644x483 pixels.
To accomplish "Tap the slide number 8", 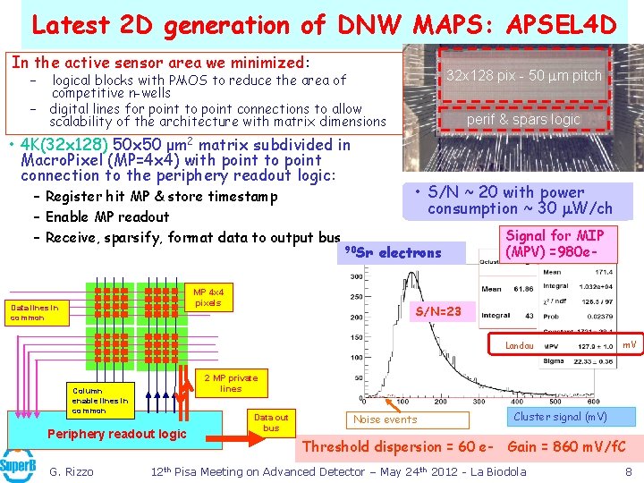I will pos(629,471).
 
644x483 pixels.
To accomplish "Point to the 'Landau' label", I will pos(519,344).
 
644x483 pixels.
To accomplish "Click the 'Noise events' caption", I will pos(386,419).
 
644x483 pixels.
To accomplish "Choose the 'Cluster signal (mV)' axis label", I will pos(560,416).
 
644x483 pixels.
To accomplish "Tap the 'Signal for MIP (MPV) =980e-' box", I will pos(555,243).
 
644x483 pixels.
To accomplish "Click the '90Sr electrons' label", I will pos(394,253).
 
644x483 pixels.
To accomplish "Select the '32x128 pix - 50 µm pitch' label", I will pos(525,75).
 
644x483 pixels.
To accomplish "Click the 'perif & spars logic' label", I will pos(523,119).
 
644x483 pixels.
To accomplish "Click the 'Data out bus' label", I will pos(271,422).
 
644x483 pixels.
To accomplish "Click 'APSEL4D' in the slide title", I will pos(557,24).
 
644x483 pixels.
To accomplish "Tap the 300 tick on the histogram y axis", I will pos(355,277).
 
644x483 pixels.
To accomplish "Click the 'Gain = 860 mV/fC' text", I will pos(566,446).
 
